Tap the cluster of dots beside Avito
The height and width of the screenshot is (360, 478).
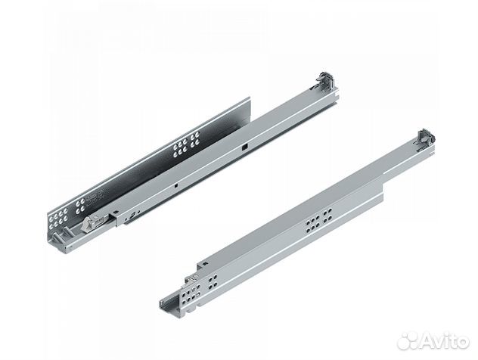pyautogui.click(x=408, y=341)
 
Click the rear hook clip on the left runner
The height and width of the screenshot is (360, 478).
pyautogui.click(x=326, y=81)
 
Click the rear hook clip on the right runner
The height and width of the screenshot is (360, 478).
pyautogui.click(x=424, y=138)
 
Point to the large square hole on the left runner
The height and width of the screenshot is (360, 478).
pyautogui.click(x=244, y=147)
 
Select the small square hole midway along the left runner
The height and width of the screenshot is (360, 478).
pyautogui.click(x=176, y=185)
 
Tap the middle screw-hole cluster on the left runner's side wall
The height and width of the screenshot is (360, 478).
pyautogui.click(x=186, y=144)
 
